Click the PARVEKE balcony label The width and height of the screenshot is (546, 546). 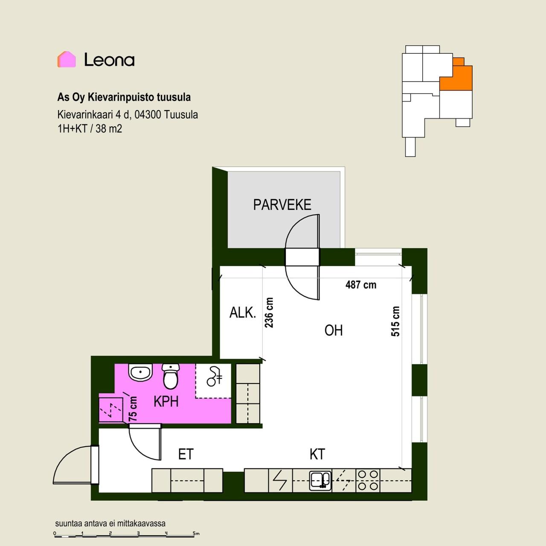pos(282,205)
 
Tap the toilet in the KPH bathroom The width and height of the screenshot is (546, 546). pos(171,376)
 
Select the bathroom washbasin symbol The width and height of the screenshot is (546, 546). pos(140,372)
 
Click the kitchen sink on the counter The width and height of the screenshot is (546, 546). pos(320,481)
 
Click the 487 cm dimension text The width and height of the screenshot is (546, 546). pos(361,285)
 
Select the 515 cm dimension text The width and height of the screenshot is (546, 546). pos(395,321)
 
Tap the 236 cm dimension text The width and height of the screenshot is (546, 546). pos(269,313)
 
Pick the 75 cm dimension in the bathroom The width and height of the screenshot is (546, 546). pos(133,409)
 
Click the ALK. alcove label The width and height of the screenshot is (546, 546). pos(243,313)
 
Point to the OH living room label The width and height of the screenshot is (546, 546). pos(334,331)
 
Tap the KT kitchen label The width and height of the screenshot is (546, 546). pos(317,454)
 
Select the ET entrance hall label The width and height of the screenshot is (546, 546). pos(186,454)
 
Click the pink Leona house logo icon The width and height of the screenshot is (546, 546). pos(67,59)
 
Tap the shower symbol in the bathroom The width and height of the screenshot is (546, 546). pos(215,376)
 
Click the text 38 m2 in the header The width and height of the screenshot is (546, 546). pos(109,129)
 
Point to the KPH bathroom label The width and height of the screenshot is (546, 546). pos(166,401)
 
